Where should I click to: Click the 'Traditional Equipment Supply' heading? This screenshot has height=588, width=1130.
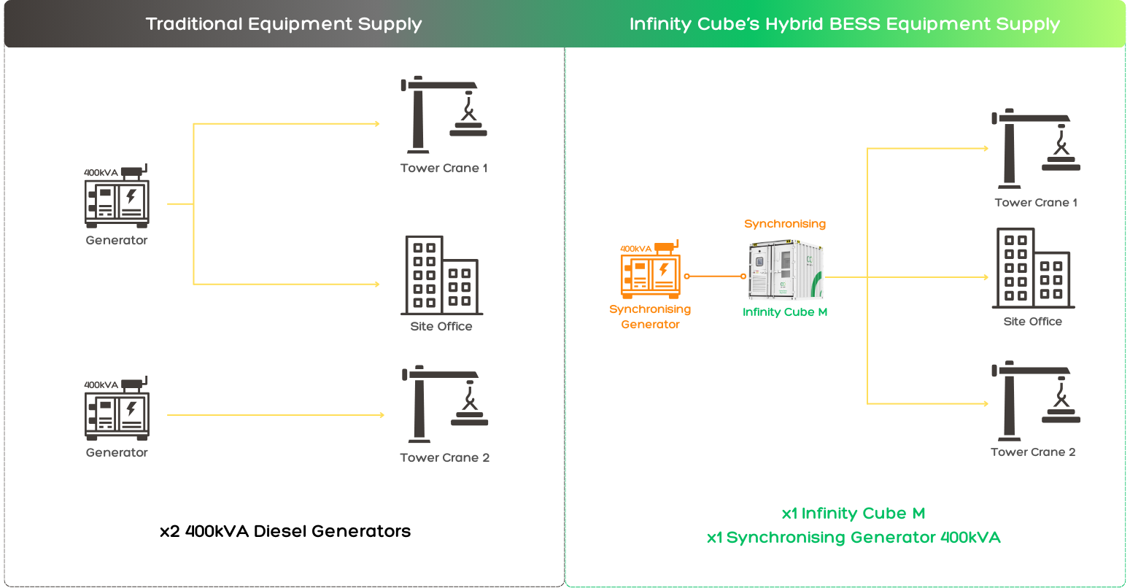(284, 24)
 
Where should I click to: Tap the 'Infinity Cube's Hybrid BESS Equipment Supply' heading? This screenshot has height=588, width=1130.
(845, 24)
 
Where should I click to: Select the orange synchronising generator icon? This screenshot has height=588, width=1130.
(650, 270)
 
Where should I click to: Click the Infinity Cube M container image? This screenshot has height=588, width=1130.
(786, 270)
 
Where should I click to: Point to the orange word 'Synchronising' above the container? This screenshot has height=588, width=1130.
(785, 224)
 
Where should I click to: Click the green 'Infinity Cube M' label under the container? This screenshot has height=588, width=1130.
(785, 312)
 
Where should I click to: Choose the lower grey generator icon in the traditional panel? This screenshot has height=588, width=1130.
(117, 408)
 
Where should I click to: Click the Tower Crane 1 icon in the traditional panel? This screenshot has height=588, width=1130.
(444, 115)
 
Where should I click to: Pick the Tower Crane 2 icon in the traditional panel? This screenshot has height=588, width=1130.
(445, 404)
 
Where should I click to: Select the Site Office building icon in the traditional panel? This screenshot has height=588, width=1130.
(441, 275)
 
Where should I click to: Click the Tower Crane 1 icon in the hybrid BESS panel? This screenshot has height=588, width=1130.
(1036, 148)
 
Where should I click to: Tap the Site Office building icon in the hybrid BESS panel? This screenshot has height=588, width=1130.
(1033, 268)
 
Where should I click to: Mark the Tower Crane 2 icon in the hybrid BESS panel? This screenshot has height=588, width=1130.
(1036, 401)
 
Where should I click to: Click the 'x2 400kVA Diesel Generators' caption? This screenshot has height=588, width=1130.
(285, 532)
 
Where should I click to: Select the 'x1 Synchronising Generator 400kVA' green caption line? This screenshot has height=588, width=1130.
(854, 538)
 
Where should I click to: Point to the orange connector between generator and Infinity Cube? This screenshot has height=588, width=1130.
(715, 276)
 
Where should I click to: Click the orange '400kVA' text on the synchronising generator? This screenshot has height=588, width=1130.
(635, 249)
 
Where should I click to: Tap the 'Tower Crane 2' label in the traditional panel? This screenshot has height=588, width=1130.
(444, 458)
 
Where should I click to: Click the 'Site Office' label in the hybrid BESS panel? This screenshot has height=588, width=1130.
(1033, 322)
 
